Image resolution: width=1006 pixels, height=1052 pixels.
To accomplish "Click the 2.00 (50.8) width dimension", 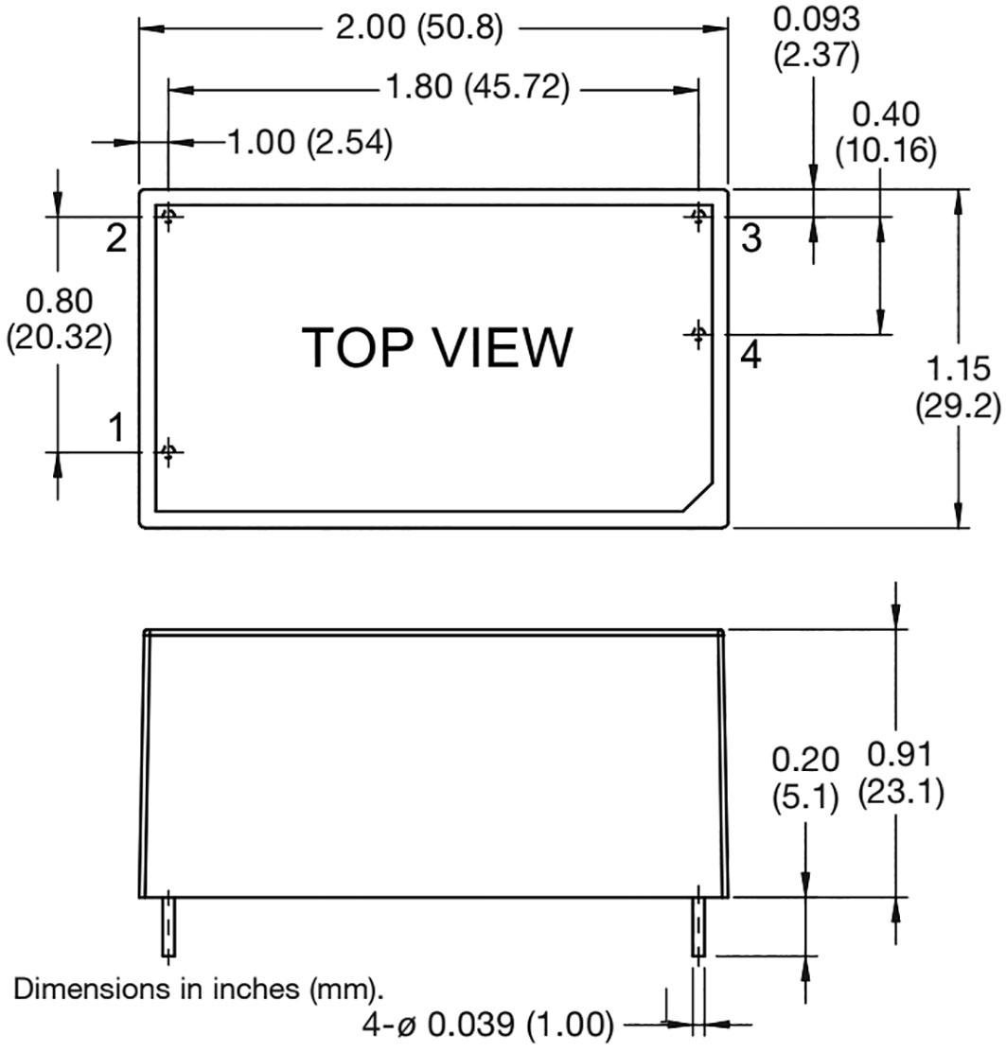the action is pos(419,28).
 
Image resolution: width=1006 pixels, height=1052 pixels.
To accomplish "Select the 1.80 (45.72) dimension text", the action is pos(478,87).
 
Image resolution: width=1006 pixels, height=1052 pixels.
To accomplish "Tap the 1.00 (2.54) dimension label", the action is pos(310,142).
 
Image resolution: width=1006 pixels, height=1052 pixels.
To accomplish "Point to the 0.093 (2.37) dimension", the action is pos(816,38).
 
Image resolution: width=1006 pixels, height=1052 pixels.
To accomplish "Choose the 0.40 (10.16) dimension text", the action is pos(885,132).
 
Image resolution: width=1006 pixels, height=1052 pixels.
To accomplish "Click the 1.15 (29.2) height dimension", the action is pos(958,387).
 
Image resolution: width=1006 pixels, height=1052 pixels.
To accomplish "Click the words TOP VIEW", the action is pos(437,347).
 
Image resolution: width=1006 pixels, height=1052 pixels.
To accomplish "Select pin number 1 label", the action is pos(116,428).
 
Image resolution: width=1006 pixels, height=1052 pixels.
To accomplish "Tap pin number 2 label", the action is pos(116,237).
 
